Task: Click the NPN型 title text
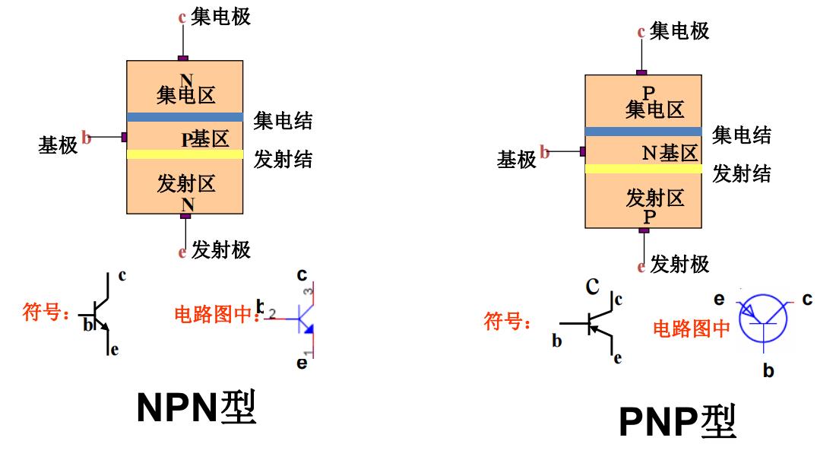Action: pyautogui.click(x=196, y=408)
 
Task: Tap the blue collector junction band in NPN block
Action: pyautogui.click(x=185, y=117)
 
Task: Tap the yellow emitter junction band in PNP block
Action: pyautogui.click(x=643, y=169)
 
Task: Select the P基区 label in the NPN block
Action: pyautogui.click(x=204, y=139)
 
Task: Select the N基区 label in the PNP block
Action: pyautogui.click(x=670, y=153)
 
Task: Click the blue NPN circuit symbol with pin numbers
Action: pyautogui.click(x=306, y=320)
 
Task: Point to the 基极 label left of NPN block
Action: pyautogui.click(x=58, y=144)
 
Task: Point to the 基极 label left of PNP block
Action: pyautogui.click(x=517, y=159)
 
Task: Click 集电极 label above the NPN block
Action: pyautogui.click(x=220, y=17)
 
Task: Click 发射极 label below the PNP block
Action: pyautogui.click(x=679, y=264)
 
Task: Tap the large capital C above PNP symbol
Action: pyautogui.click(x=592, y=287)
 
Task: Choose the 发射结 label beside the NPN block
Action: pyautogui.click(x=283, y=159)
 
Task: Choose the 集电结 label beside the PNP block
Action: pyautogui.click(x=741, y=135)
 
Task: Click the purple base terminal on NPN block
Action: pyautogui.click(x=123, y=137)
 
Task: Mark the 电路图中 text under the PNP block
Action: pyautogui.click(x=692, y=328)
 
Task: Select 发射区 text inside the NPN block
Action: pyautogui.click(x=186, y=183)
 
